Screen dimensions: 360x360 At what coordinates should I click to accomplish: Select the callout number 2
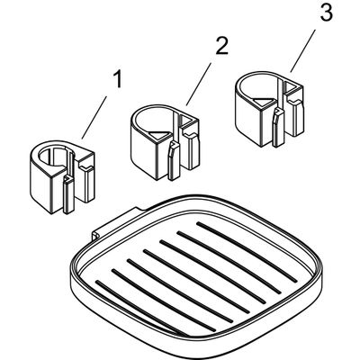coord(221,45)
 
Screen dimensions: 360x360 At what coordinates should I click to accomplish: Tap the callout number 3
coord(325,12)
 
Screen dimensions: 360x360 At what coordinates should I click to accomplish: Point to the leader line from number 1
coord(94,117)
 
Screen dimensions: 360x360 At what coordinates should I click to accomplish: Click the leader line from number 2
coord(198,85)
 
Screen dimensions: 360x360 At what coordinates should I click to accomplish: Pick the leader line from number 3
coord(302,51)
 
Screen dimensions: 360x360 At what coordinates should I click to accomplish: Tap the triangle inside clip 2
coord(157,137)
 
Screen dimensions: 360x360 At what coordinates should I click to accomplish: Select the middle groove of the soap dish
coord(196,280)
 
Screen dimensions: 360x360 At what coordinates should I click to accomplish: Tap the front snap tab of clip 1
coord(68,195)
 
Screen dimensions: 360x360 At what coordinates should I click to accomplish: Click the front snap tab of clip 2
coord(174,161)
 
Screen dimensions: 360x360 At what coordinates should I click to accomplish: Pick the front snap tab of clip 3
coord(278,128)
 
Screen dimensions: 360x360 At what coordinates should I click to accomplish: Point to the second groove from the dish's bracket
coord(229,262)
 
